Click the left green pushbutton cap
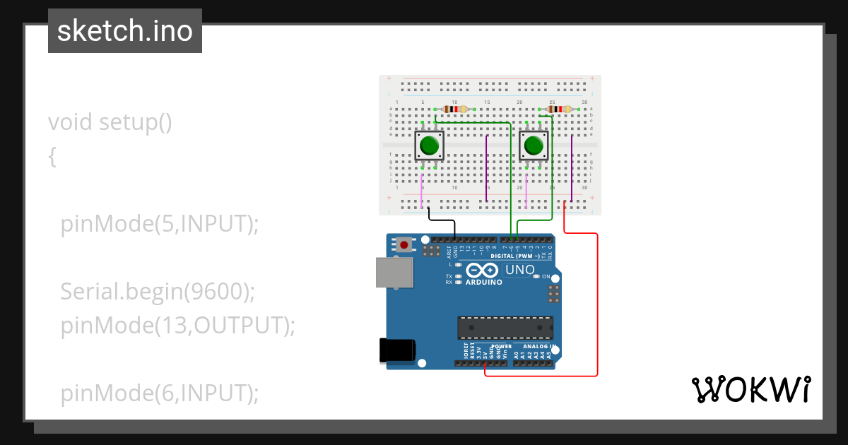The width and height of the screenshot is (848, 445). click(x=428, y=146)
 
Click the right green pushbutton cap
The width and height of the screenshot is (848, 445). click(x=534, y=146)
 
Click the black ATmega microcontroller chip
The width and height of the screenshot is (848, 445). click(x=505, y=328)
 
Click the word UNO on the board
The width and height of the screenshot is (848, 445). click(x=519, y=270)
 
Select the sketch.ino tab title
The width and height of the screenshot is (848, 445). click(x=125, y=31)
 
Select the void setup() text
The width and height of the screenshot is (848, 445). click(x=110, y=122)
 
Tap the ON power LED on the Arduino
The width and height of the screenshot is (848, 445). click(x=537, y=276)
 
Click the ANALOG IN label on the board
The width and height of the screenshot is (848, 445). click(x=539, y=347)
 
